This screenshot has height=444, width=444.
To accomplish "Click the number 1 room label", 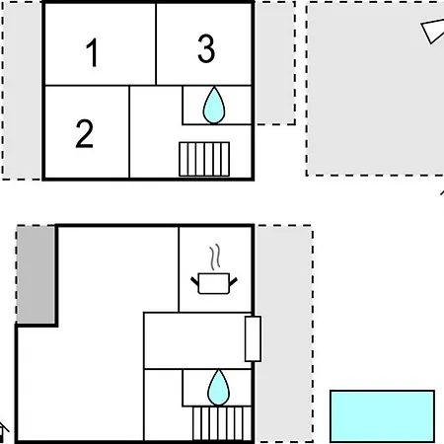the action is coord(92,52).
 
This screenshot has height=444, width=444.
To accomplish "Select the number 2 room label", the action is coord(85,133).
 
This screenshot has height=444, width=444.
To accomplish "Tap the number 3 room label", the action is coord(206,48).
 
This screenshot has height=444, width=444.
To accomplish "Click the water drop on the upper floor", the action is coord(214,106).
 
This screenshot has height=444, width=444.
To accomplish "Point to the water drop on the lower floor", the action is coord(218,388).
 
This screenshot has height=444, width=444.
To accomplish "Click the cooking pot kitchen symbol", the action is coord(214,283).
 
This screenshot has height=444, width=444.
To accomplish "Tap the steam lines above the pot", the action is coord(215,258).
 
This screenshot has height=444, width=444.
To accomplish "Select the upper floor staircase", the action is coord(204,159).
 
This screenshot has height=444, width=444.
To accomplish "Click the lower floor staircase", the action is coord(222,423).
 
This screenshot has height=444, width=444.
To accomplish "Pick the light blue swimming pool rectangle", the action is coord(382,416).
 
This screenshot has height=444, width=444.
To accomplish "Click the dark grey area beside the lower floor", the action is coord(36,274).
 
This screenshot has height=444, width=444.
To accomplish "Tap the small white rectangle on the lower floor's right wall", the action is coord(253,338).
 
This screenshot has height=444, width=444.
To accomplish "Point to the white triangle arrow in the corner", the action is coord(433,31).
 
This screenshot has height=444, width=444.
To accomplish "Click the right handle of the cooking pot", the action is coord(233,281).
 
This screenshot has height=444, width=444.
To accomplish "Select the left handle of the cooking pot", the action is coord(194,281).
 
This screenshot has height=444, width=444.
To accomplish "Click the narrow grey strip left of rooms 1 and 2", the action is coord(22,91).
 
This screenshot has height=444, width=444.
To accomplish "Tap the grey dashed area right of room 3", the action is coord(275,63).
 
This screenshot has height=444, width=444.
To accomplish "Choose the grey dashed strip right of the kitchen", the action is coord(284,333).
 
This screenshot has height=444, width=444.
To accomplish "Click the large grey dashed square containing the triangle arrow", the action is coord(375,89).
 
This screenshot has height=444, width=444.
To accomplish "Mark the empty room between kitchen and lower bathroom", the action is coord(194,340).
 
